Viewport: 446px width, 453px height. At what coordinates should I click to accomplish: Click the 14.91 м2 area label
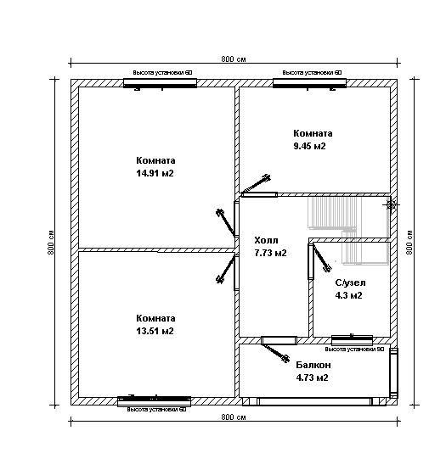(155, 173)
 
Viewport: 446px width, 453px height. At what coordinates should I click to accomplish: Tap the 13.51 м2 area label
(155, 331)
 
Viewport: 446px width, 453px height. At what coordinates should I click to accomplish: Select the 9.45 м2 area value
(309, 146)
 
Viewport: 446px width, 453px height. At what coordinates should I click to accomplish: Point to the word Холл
(267, 240)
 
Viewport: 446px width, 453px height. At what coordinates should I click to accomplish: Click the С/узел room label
(350, 282)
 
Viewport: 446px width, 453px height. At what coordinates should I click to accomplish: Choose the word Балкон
(313, 365)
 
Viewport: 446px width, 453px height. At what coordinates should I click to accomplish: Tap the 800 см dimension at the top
(234, 59)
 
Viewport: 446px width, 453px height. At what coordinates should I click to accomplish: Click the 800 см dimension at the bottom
(234, 417)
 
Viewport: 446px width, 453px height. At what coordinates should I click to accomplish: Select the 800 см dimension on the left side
(51, 242)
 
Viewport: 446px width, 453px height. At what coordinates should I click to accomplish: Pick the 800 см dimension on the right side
(409, 242)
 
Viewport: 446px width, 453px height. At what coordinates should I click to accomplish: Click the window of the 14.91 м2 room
(160, 83)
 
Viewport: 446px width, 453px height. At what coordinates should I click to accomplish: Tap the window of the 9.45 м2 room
(309, 83)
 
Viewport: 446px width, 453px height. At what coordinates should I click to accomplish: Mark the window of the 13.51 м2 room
(154, 400)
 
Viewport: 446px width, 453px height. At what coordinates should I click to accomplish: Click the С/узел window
(352, 340)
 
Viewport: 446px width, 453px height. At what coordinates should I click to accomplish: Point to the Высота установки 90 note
(354, 350)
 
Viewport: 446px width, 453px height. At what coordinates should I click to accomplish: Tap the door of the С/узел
(319, 258)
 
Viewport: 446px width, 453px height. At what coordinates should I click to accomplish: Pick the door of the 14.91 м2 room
(228, 221)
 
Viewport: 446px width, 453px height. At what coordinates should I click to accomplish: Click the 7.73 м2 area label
(270, 253)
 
